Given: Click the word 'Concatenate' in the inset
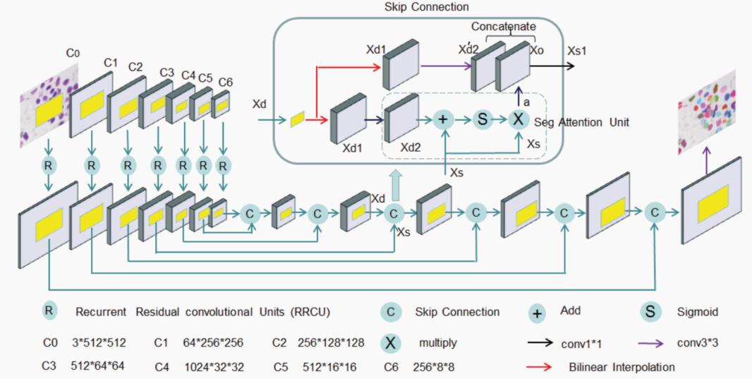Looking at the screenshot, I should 504,27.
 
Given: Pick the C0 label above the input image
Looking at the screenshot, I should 73,53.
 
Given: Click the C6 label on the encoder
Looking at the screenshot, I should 225,83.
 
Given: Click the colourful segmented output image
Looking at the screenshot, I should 707,112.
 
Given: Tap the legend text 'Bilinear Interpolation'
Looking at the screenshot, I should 621,367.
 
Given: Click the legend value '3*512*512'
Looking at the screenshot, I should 100,343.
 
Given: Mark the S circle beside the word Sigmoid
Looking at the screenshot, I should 650,311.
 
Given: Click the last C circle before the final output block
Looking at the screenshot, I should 655,210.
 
